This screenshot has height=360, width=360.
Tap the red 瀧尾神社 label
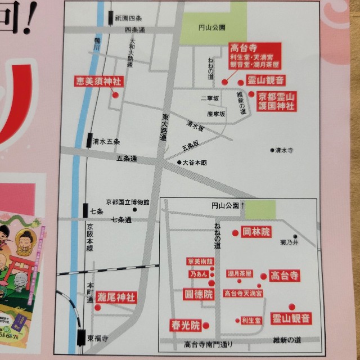tap(116, 296)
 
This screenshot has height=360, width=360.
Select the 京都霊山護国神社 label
tap(276, 101)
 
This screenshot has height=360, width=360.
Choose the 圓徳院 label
tap(200, 294)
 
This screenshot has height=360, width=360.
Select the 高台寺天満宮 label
tap(243, 293)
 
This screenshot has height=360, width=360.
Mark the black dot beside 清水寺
tap(272, 150)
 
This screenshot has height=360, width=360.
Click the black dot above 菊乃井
tap(295, 236)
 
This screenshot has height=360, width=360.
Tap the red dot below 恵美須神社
tap(115, 95)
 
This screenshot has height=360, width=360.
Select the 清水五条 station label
tap(106, 142)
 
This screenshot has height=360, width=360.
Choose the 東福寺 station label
tap(97, 339)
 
